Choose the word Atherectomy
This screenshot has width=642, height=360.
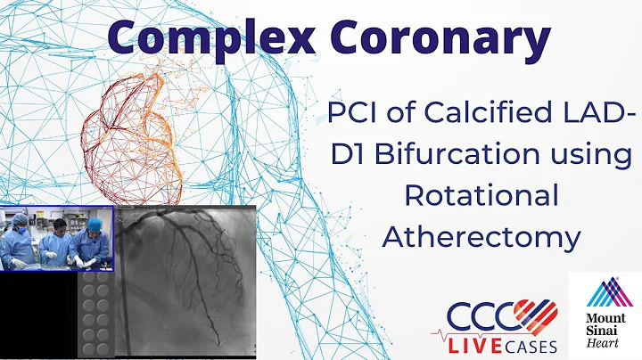coord(481,237)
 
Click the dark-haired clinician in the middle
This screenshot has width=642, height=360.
coord(56,236)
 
